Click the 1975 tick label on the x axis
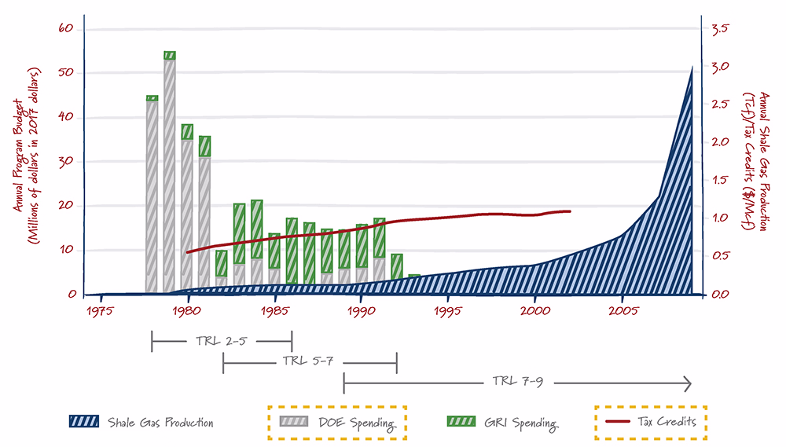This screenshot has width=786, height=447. (100, 311)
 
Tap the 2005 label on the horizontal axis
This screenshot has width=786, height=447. (623, 311)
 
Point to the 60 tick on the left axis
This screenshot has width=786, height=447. (66, 28)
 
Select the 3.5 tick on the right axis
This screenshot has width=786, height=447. (720, 28)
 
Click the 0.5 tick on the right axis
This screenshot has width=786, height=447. (720, 255)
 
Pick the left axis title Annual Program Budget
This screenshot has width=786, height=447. (19, 156)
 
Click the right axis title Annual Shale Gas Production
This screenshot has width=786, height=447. (763, 161)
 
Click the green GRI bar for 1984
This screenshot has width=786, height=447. (257, 229)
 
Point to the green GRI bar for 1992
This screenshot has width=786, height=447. (396, 266)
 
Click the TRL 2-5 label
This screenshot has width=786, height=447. (221, 341)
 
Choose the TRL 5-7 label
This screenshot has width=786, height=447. (308, 361)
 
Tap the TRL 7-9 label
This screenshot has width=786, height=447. (517, 382)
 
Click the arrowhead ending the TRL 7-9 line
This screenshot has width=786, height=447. (689, 384)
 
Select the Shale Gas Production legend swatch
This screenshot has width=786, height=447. (84, 421)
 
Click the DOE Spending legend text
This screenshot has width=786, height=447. (357, 423)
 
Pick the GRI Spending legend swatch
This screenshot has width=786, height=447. (461, 421)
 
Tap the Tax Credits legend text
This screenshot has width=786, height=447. (667, 421)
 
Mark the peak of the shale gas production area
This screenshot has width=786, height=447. (692, 67)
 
